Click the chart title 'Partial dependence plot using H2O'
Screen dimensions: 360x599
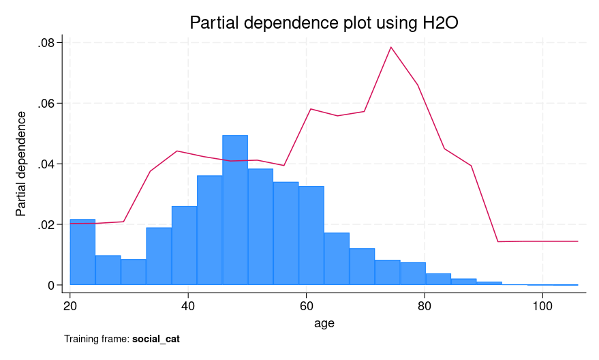click(324, 22)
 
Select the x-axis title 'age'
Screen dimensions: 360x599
click(324, 323)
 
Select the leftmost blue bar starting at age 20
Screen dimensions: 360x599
click(82, 252)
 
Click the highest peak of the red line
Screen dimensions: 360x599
click(390, 47)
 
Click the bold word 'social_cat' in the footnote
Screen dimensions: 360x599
click(156, 339)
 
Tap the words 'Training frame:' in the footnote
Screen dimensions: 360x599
click(96, 339)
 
